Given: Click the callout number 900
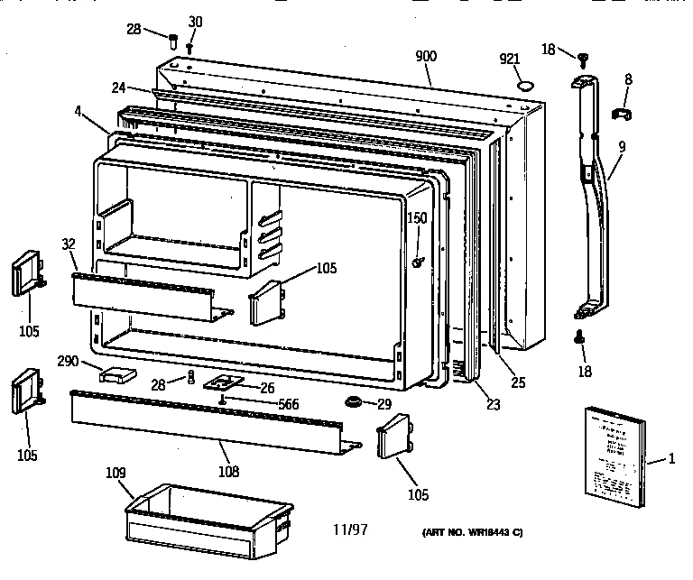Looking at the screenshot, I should [x=426, y=57].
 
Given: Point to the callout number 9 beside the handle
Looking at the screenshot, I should [x=622, y=146].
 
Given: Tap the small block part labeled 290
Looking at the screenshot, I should [x=119, y=373].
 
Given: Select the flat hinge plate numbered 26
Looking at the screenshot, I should [x=221, y=383].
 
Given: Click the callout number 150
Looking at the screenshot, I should [x=416, y=217].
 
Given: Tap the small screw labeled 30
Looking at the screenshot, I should [x=191, y=46].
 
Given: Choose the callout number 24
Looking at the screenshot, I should [x=118, y=88].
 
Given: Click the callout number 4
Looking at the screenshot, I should [x=79, y=113].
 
